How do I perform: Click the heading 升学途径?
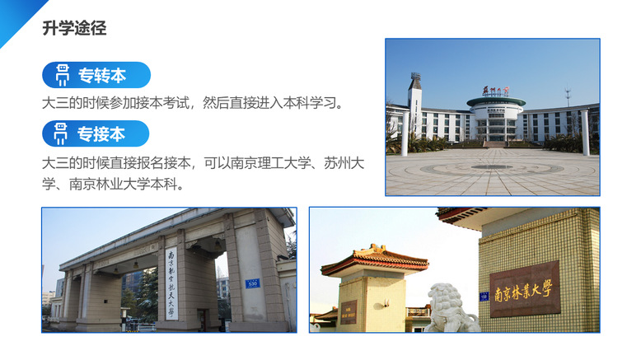(x=74, y=28)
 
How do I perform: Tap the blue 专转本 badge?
(x=96, y=75)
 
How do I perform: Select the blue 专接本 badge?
(x=96, y=133)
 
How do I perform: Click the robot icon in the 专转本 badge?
(x=62, y=75)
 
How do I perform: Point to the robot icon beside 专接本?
(x=60, y=133)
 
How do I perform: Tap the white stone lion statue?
(x=452, y=307)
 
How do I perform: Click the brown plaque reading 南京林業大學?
(x=525, y=289)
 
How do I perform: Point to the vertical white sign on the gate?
(x=171, y=283)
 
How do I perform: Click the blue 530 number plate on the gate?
(x=252, y=283)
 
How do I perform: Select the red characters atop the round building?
(x=495, y=91)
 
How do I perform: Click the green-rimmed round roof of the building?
(x=496, y=102)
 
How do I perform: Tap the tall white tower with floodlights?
(x=414, y=106)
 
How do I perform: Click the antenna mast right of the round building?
(x=568, y=96)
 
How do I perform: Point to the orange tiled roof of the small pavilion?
(x=375, y=259)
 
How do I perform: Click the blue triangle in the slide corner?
(x=18, y=18)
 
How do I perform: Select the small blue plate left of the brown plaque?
(x=484, y=297)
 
